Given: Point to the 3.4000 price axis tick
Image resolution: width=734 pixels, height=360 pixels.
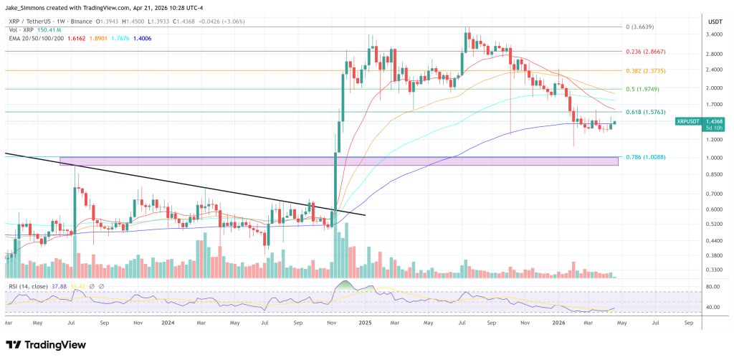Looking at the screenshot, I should pos(714,34).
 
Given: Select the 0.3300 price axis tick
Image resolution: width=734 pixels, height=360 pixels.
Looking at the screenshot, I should pos(714,270).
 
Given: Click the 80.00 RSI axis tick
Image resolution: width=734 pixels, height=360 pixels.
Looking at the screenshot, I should pos(712,287).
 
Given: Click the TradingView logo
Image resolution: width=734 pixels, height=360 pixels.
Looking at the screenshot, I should pos(46,344).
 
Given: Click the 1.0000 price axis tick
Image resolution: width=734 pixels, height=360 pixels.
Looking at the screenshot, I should pos(714,158).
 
